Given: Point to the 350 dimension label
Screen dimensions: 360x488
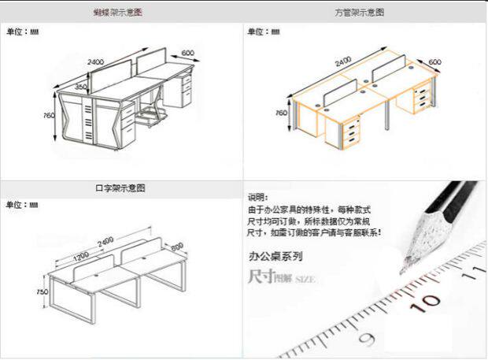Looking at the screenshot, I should pos(81,87).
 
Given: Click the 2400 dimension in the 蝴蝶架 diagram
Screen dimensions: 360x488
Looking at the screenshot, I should pos(95,61).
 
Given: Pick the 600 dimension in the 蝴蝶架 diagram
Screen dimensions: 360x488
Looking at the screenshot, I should pos(187,53).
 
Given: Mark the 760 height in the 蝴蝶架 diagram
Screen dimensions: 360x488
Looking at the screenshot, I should pos(49,116).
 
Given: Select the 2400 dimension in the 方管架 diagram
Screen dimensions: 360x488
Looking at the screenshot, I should pos(344,61).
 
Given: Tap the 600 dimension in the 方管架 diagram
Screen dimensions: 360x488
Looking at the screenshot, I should pos(434,61).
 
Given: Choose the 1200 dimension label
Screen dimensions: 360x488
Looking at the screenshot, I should pos(81,257).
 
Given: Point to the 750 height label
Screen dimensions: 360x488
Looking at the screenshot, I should pos(31,291).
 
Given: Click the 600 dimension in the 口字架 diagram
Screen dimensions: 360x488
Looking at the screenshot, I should pos(176,246).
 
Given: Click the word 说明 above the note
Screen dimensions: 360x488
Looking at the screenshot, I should pos(257,197).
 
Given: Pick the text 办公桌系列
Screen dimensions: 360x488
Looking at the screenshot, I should pos(275,256).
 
